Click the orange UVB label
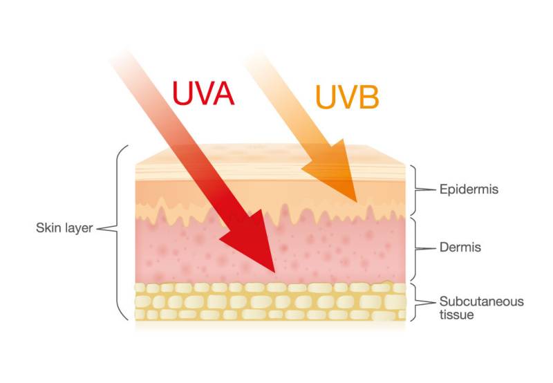pyautogui.click(x=347, y=97)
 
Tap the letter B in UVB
pyautogui.click(x=367, y=97)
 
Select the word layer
pyautogui.click(x=75, y=226)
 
